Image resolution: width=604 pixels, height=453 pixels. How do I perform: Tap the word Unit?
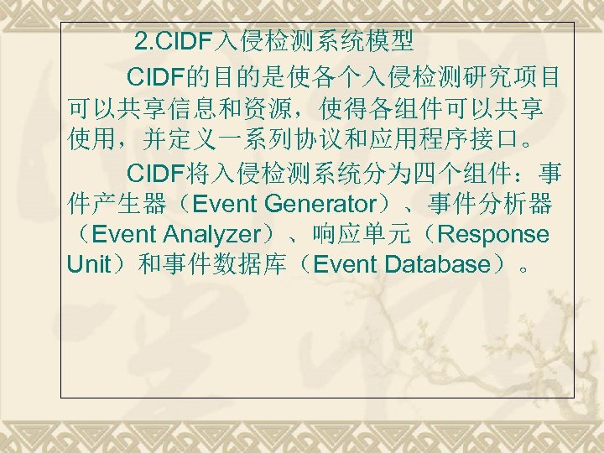pos(88,264)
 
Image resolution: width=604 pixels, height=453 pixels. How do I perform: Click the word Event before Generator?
pos(225,204)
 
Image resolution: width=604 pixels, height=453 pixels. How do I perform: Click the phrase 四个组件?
pos(459,174)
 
